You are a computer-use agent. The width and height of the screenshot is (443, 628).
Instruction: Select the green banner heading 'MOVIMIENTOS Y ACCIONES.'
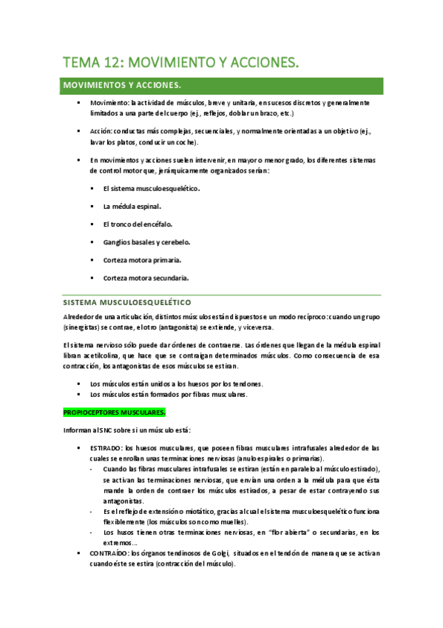point(123,85)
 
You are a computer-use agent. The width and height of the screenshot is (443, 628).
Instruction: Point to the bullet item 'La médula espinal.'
point(132,206)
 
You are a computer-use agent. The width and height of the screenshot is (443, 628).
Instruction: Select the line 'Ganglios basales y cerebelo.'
point(147,241)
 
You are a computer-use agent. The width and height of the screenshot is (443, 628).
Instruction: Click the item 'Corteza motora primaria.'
point(143,260)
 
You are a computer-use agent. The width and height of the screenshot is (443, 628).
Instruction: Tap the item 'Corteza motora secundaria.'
point(146,278)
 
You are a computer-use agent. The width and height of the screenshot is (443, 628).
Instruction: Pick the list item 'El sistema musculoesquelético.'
point(152,188)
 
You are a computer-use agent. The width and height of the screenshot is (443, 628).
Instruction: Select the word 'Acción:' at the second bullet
point(102,130)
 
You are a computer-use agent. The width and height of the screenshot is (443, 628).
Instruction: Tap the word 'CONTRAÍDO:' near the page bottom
point(109,553)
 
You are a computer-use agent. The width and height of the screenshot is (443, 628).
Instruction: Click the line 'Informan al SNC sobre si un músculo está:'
point(132,430)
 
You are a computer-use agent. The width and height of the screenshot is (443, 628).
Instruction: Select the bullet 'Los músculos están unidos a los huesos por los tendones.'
point(176,384)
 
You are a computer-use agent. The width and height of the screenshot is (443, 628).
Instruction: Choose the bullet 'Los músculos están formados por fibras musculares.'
point(168,394)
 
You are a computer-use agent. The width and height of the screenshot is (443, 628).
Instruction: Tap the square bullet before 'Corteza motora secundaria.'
point(92,278)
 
